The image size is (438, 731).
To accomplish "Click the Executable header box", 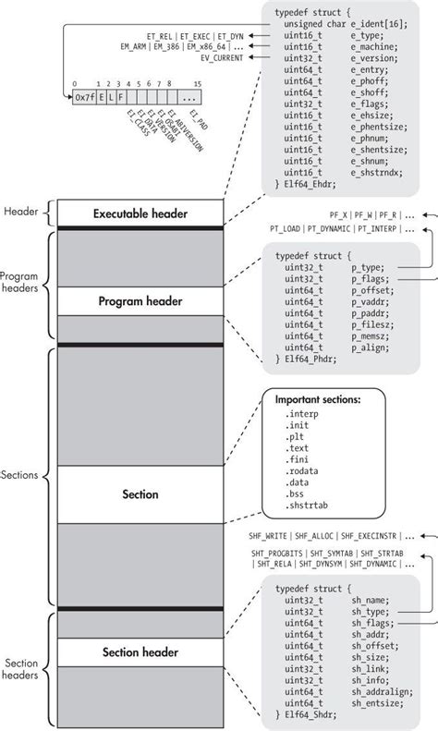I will (140, 213).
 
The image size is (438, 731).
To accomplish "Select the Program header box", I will (140, 301).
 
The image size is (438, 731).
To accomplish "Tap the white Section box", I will (140, 494).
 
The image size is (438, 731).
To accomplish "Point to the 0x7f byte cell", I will (84, 97).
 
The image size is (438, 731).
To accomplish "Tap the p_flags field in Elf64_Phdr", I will (370, 275).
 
